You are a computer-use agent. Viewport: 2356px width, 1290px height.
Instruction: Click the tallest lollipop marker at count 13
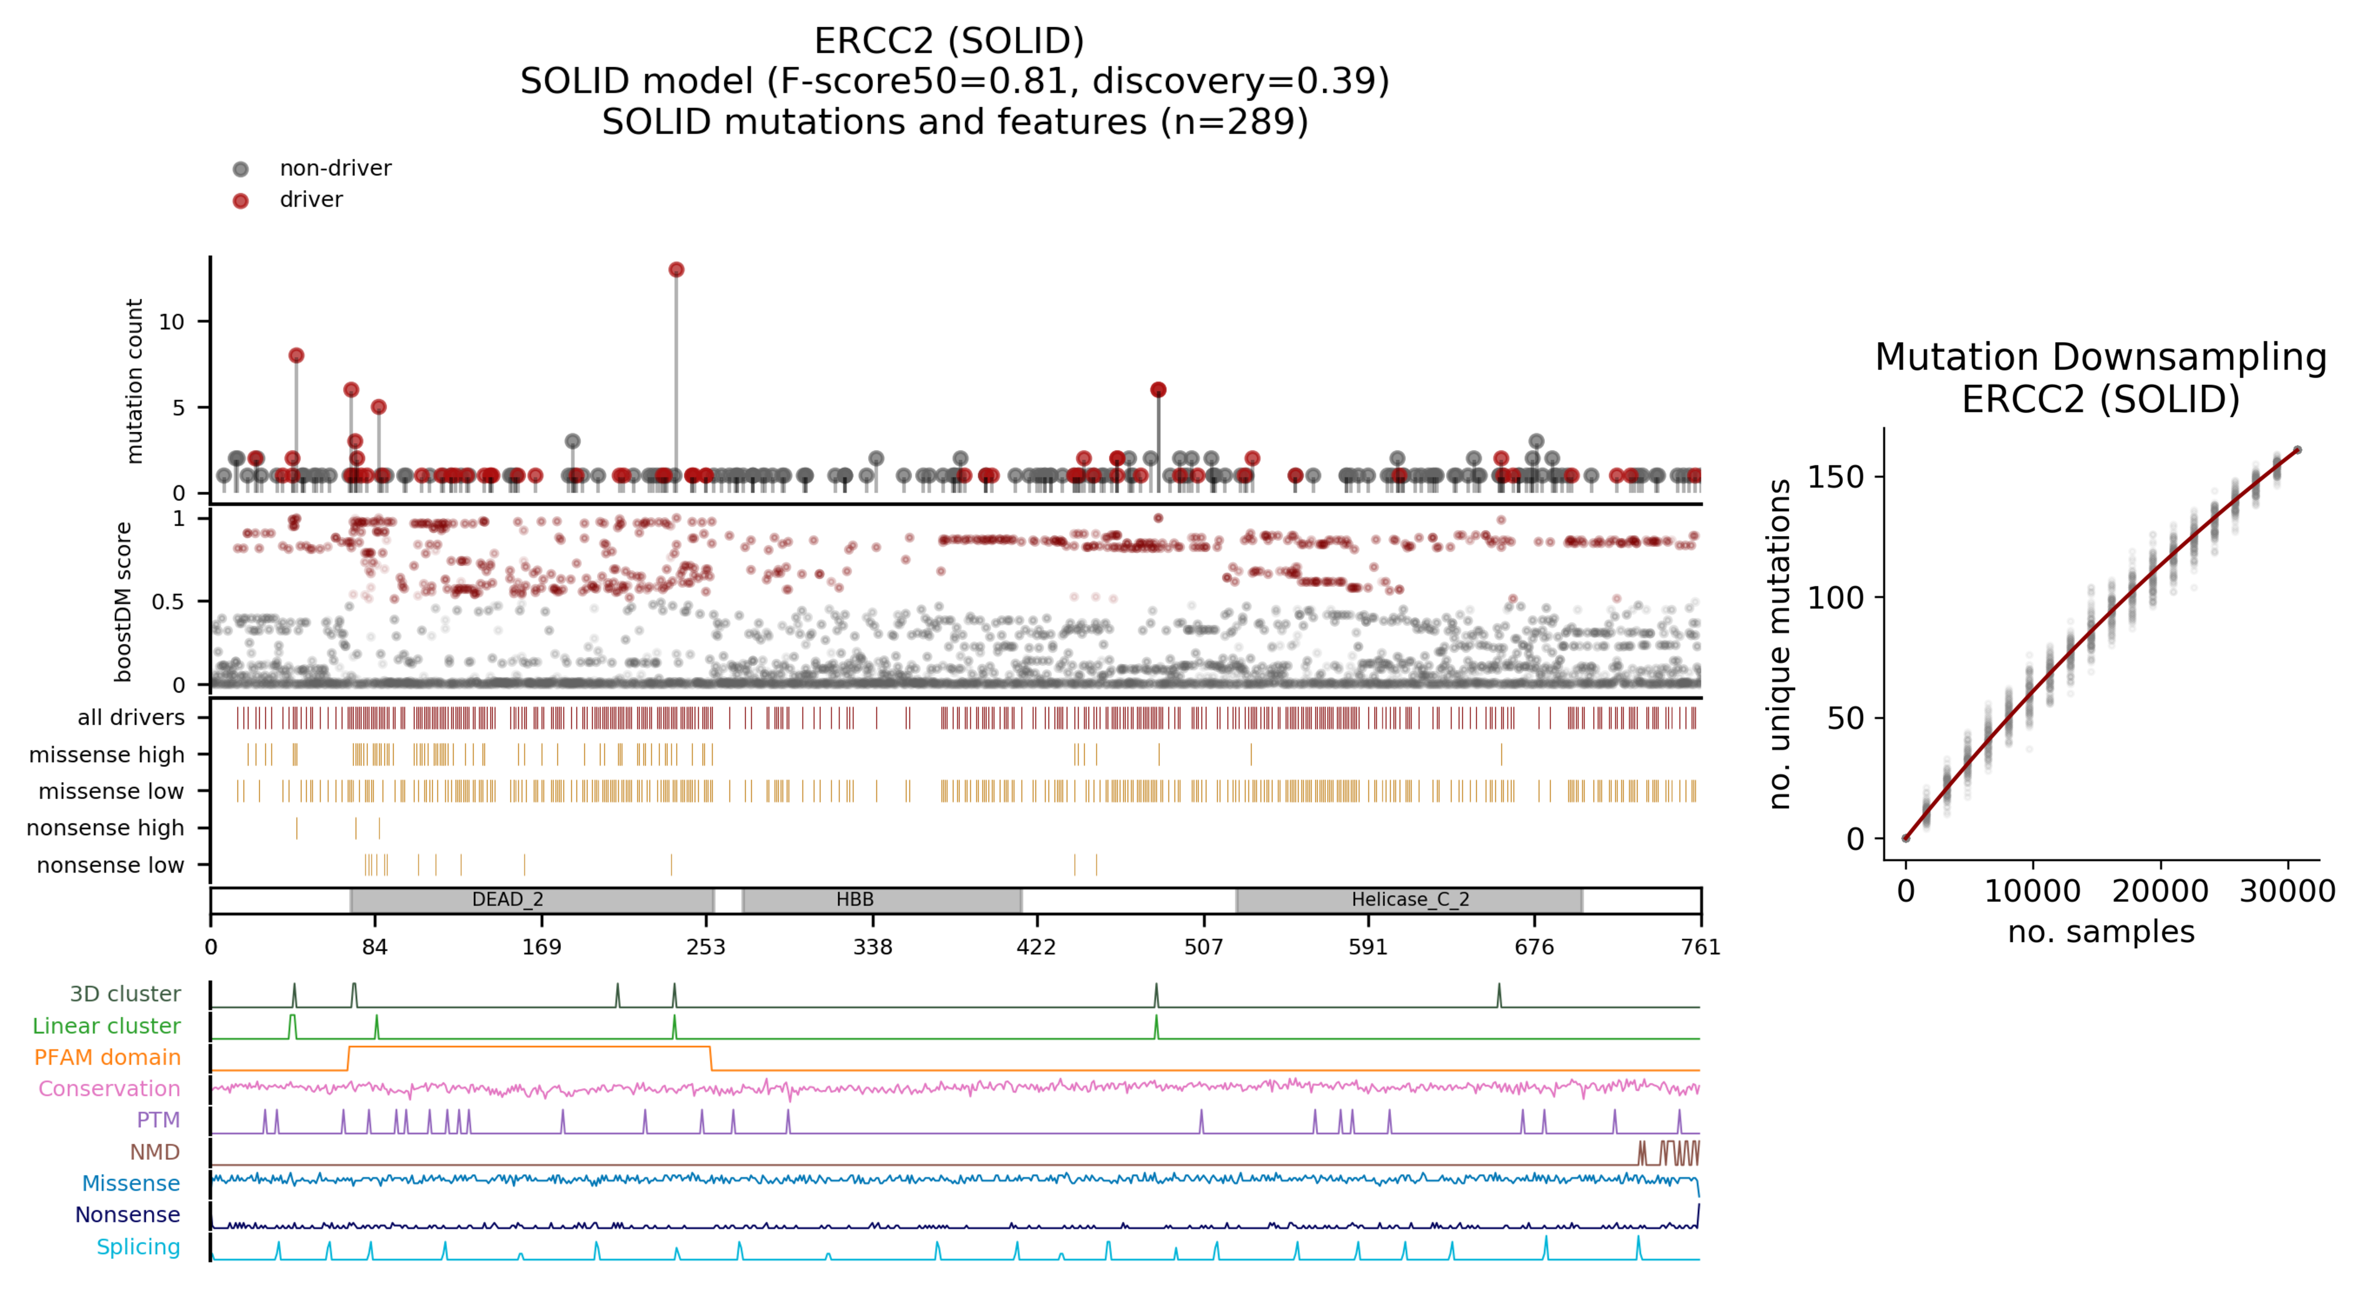click(x=676, y=270)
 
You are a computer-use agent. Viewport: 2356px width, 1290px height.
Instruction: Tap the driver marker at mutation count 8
click(x=296, y=356)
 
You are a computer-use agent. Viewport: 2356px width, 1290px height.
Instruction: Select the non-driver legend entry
click(x=335, y=168)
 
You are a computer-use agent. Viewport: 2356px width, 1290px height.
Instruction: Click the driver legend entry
click(x=311, y=200)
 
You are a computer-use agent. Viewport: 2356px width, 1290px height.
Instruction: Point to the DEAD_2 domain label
click(x=508, y=899)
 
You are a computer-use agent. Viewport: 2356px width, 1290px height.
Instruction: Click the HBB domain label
click(x=854, y=899)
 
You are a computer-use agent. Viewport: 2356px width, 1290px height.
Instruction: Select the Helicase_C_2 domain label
click(x=1409, y=899)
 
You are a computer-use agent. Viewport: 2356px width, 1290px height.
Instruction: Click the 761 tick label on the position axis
click(x=1700, y=947)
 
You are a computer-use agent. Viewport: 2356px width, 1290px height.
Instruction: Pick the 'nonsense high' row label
click(x=105, y=828)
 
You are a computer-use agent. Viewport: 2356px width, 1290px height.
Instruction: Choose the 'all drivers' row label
click(x=131, y=717)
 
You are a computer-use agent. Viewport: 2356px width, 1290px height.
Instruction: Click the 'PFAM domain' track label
click(x=107, y=1057)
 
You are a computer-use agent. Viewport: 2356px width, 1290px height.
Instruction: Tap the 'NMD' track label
click(x=155, y=1152)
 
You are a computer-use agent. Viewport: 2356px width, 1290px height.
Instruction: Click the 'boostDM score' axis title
click(x=123, y=602)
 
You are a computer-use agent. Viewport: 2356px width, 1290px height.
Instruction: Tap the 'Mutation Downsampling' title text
click(x=2100, y=357)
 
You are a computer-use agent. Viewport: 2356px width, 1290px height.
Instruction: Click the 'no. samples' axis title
click(x=2100, y=931)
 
